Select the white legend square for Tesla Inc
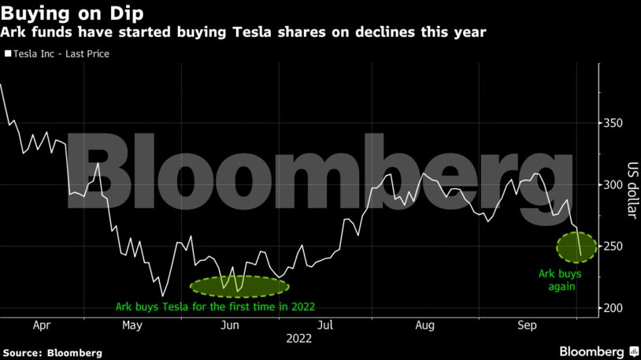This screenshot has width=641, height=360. (x=8, y=54)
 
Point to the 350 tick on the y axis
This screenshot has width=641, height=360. (x=613, y=124)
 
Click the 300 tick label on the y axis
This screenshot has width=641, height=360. (x=613, y=185)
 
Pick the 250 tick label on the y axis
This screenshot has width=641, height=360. (x=613, y=247)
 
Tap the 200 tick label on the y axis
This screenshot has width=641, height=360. (x=613, y=308)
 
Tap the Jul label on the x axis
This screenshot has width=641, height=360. (x=325, y=324)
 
